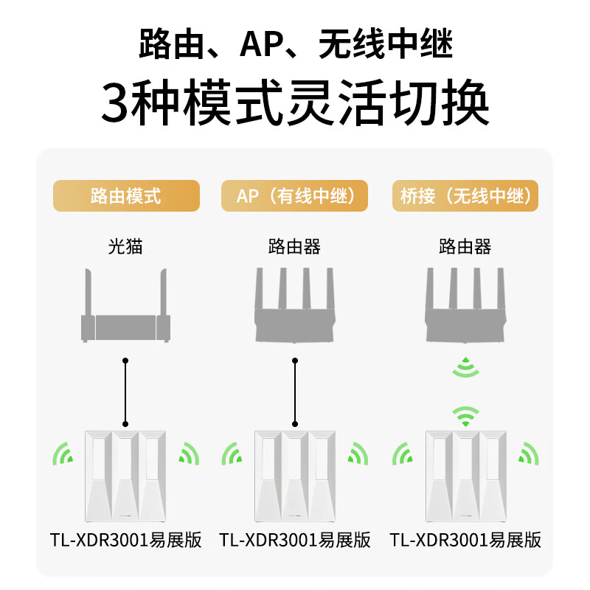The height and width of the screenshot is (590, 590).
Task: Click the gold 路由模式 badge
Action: tap(126, 195)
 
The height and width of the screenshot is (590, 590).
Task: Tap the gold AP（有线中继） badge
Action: tap(294, 195)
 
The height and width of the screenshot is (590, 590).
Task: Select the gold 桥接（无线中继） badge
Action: tap(465, 195)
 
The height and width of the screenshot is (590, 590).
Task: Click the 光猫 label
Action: tap(125, 247)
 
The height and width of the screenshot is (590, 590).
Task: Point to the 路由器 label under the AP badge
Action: tap(294, 247)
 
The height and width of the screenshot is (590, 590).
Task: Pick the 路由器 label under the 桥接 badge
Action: tap(465, 247)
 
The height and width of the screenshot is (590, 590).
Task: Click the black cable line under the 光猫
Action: tap(125, 392)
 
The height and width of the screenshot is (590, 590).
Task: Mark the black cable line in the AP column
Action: tap(295, 392)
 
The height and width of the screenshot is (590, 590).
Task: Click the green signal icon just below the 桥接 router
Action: tap(466, 367)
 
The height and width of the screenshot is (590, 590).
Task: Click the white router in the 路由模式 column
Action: tap(125, 476)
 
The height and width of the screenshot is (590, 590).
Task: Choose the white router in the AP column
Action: tap(295, 476)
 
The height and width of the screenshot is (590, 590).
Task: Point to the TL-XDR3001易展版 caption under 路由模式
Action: tap(125, 540)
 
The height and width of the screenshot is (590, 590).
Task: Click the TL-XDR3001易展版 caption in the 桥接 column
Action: tap(465, 540)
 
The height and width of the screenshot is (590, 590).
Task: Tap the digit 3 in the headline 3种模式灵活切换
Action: tap(115, 103)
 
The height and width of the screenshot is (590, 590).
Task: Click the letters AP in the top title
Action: tap(263, 44)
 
